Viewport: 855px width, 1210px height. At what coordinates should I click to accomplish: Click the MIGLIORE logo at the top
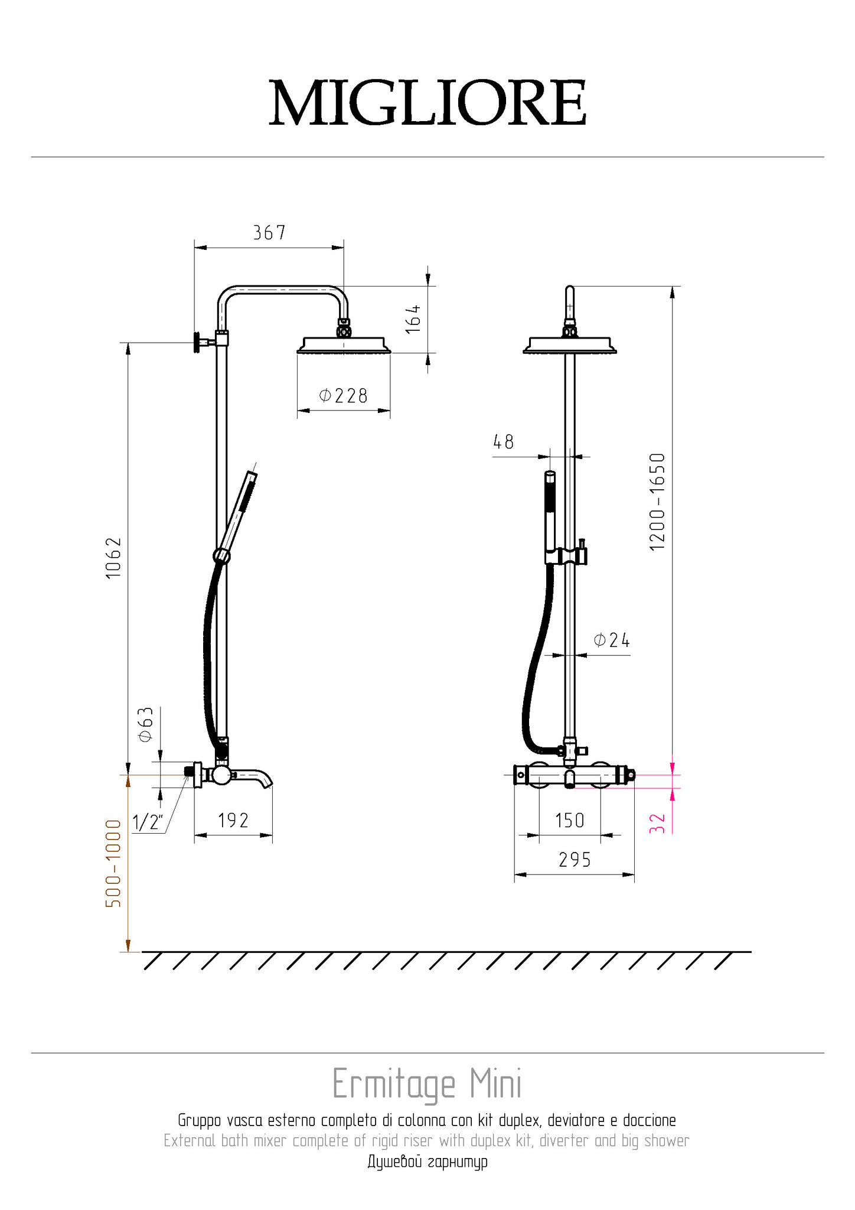pyautogui.click(x=427, y=103)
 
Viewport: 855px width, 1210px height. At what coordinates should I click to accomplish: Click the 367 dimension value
pyautogui.click(x=269, y=233)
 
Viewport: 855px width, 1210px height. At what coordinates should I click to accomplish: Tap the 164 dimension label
pyautogui.click(x=413, y=319)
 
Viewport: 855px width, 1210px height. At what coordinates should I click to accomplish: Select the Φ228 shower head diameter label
pyautogui.click(x=343, y=395)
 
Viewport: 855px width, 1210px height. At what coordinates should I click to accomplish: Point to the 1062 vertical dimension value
pyautogui.click(x=113, y=558)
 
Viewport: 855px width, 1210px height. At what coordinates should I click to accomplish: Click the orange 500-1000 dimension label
pyautogui.click(x=113, y=863)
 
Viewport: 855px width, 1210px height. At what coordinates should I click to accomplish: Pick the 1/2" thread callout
pyautogui.click(x=148, y=822)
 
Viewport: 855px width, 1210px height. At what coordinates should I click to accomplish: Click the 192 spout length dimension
pyautogui.click(x=233, y=820)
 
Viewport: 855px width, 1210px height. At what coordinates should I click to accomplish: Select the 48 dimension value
pyautogui.click(x=504, y=441)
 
